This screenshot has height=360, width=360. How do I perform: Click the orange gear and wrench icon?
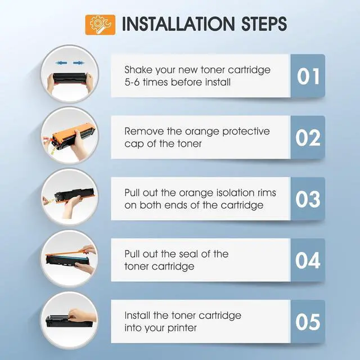pos(100,25)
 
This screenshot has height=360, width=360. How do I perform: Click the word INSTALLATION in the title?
pos(178,24)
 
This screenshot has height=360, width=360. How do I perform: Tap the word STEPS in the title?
pos(264,24)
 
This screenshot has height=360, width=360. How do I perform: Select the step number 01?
pos(308,76)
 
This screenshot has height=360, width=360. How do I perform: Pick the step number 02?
pos(308,138)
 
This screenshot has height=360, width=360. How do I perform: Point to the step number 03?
pos(308,199)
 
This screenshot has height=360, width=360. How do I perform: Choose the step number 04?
pos(308,260)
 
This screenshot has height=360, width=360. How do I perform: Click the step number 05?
pos(308,322)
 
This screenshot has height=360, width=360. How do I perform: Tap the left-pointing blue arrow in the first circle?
pos(61,62)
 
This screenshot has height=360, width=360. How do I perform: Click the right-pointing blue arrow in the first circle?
pos(79,62)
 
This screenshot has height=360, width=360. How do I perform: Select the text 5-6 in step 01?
pos(132,82)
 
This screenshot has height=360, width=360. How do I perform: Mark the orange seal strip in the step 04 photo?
pos(69,253)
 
